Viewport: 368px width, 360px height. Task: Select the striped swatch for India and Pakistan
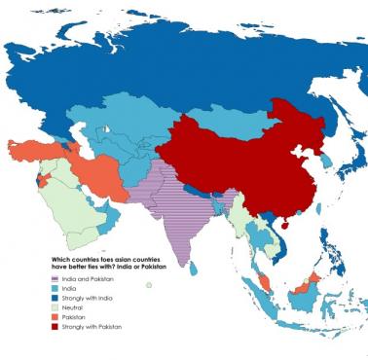[55, 279]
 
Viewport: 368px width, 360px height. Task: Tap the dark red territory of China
[234, 156]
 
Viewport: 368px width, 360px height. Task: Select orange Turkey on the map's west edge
[34, 151]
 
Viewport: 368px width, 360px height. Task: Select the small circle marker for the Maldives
[149, 285]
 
